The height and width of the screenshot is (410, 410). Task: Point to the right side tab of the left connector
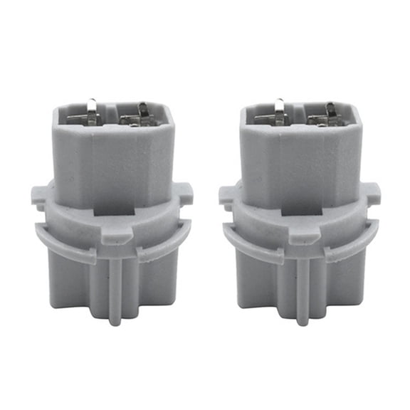pos(184,191)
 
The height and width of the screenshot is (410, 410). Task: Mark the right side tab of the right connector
pos(372,191)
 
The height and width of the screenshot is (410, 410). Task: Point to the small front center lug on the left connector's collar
pos(112,235)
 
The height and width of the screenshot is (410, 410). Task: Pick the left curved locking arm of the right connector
pos(252,246)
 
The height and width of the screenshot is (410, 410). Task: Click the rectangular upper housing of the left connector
pos(114,160)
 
